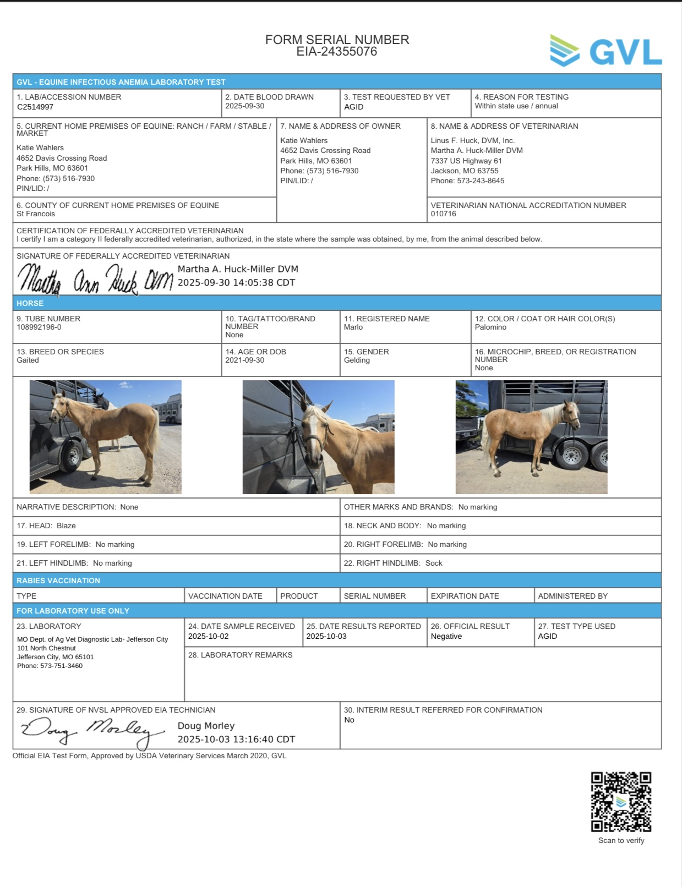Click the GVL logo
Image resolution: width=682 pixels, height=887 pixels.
point(605,51)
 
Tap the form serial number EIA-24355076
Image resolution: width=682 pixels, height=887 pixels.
point(337,52)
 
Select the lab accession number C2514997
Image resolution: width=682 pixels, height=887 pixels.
point(35,107)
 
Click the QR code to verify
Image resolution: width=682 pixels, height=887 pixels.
point(621,802)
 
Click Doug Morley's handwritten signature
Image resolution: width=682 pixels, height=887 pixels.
point(92,731)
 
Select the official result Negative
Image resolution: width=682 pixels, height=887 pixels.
point(446,637)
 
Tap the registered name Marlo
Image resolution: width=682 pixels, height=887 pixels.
point(353,327)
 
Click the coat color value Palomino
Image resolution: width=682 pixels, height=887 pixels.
point(490,327)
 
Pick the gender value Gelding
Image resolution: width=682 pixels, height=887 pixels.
point(357,360)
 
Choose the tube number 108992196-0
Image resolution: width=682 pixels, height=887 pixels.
point(39,327)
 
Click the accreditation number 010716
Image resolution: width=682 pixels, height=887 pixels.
point(444,214)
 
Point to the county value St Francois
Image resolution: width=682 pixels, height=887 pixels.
point(36,214)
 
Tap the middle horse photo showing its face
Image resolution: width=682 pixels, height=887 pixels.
point(318,437)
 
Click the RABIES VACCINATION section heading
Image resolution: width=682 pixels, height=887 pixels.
point(58,581)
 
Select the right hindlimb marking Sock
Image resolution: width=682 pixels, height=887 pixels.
point(434,563)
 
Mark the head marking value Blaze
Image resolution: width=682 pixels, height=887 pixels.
point(66,526)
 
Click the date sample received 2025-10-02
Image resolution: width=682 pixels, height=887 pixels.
point(208,637)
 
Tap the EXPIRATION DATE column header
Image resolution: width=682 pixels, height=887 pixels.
point(465,596)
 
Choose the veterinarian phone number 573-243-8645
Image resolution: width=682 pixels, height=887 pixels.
point(481,181)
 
